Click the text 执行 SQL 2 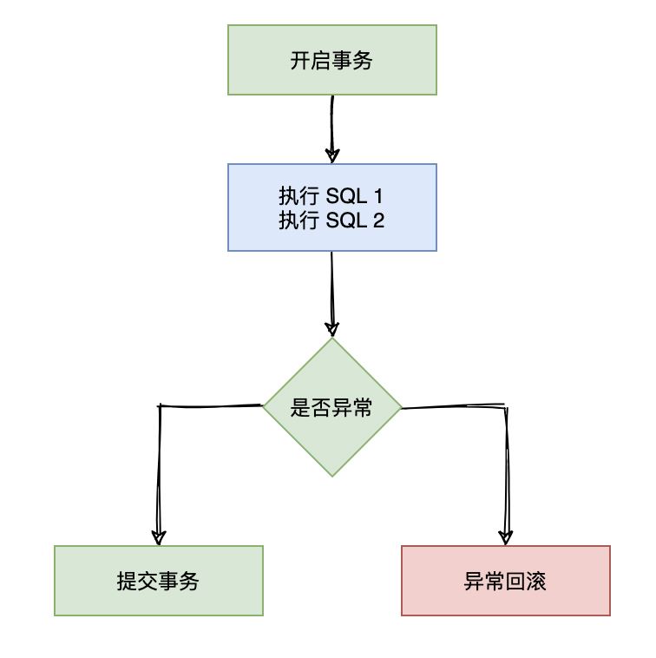point(331,220)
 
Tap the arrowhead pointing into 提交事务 point(159,536)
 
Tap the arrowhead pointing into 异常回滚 point(506,536)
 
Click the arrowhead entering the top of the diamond point(332,329)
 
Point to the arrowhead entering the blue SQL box point(332,155)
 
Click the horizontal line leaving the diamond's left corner point(211,405)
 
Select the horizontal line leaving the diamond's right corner point(453,406)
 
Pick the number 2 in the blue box point(378,220)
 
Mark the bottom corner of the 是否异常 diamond point(332,474)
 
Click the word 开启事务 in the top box point(331,61)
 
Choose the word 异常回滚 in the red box point(505,582)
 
